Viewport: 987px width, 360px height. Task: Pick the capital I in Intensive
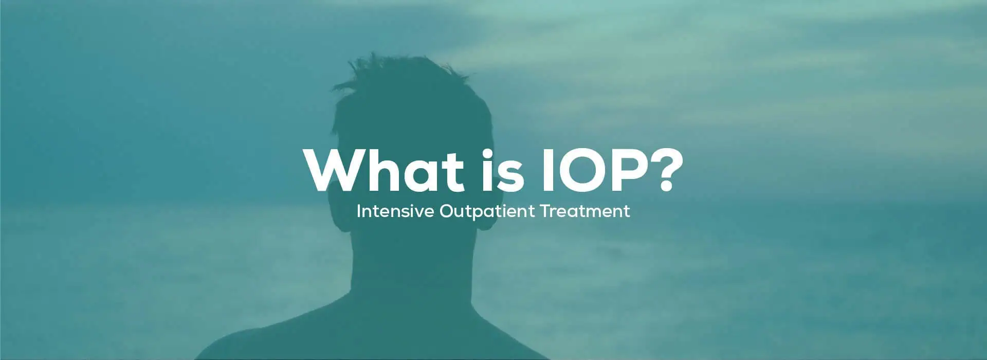(x=358, y=211)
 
